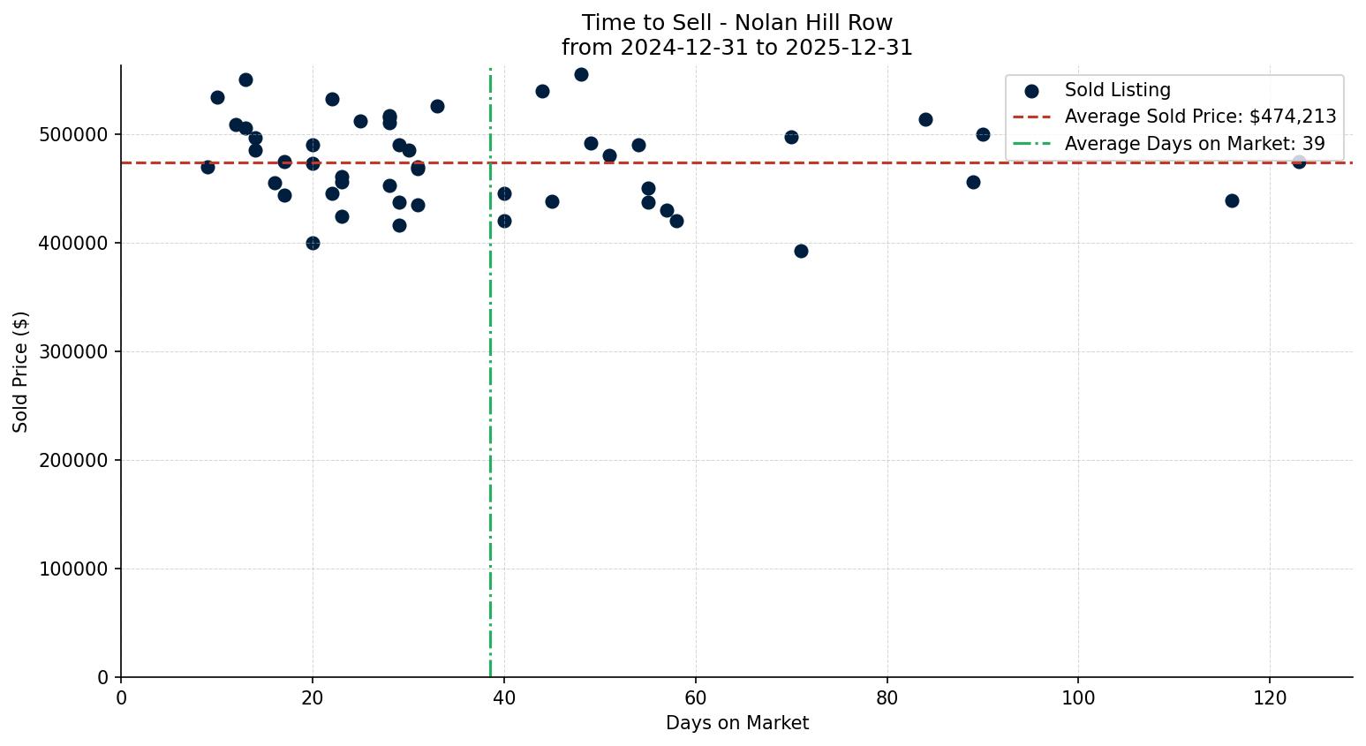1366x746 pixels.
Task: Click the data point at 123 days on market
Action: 1298,162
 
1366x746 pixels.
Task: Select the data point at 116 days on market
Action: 1232,200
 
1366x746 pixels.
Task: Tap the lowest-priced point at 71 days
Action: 801,251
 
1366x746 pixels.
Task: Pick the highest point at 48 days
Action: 581,74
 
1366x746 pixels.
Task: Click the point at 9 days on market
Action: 208,167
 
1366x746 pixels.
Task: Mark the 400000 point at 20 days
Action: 313,243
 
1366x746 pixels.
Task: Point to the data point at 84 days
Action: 925,119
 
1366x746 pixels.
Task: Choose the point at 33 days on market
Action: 437,106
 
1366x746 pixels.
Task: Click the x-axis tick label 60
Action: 696,698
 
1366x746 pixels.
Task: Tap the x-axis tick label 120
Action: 1270,698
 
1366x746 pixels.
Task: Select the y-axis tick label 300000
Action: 74,352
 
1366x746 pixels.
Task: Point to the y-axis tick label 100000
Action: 74,569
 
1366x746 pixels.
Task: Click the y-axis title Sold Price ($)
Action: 21,372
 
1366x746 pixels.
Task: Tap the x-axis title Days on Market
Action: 737,723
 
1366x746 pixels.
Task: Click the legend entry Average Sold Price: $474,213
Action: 1200,117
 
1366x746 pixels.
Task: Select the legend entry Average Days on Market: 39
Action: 1195,144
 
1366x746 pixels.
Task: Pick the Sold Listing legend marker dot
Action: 1031,90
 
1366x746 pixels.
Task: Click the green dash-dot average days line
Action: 490,441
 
